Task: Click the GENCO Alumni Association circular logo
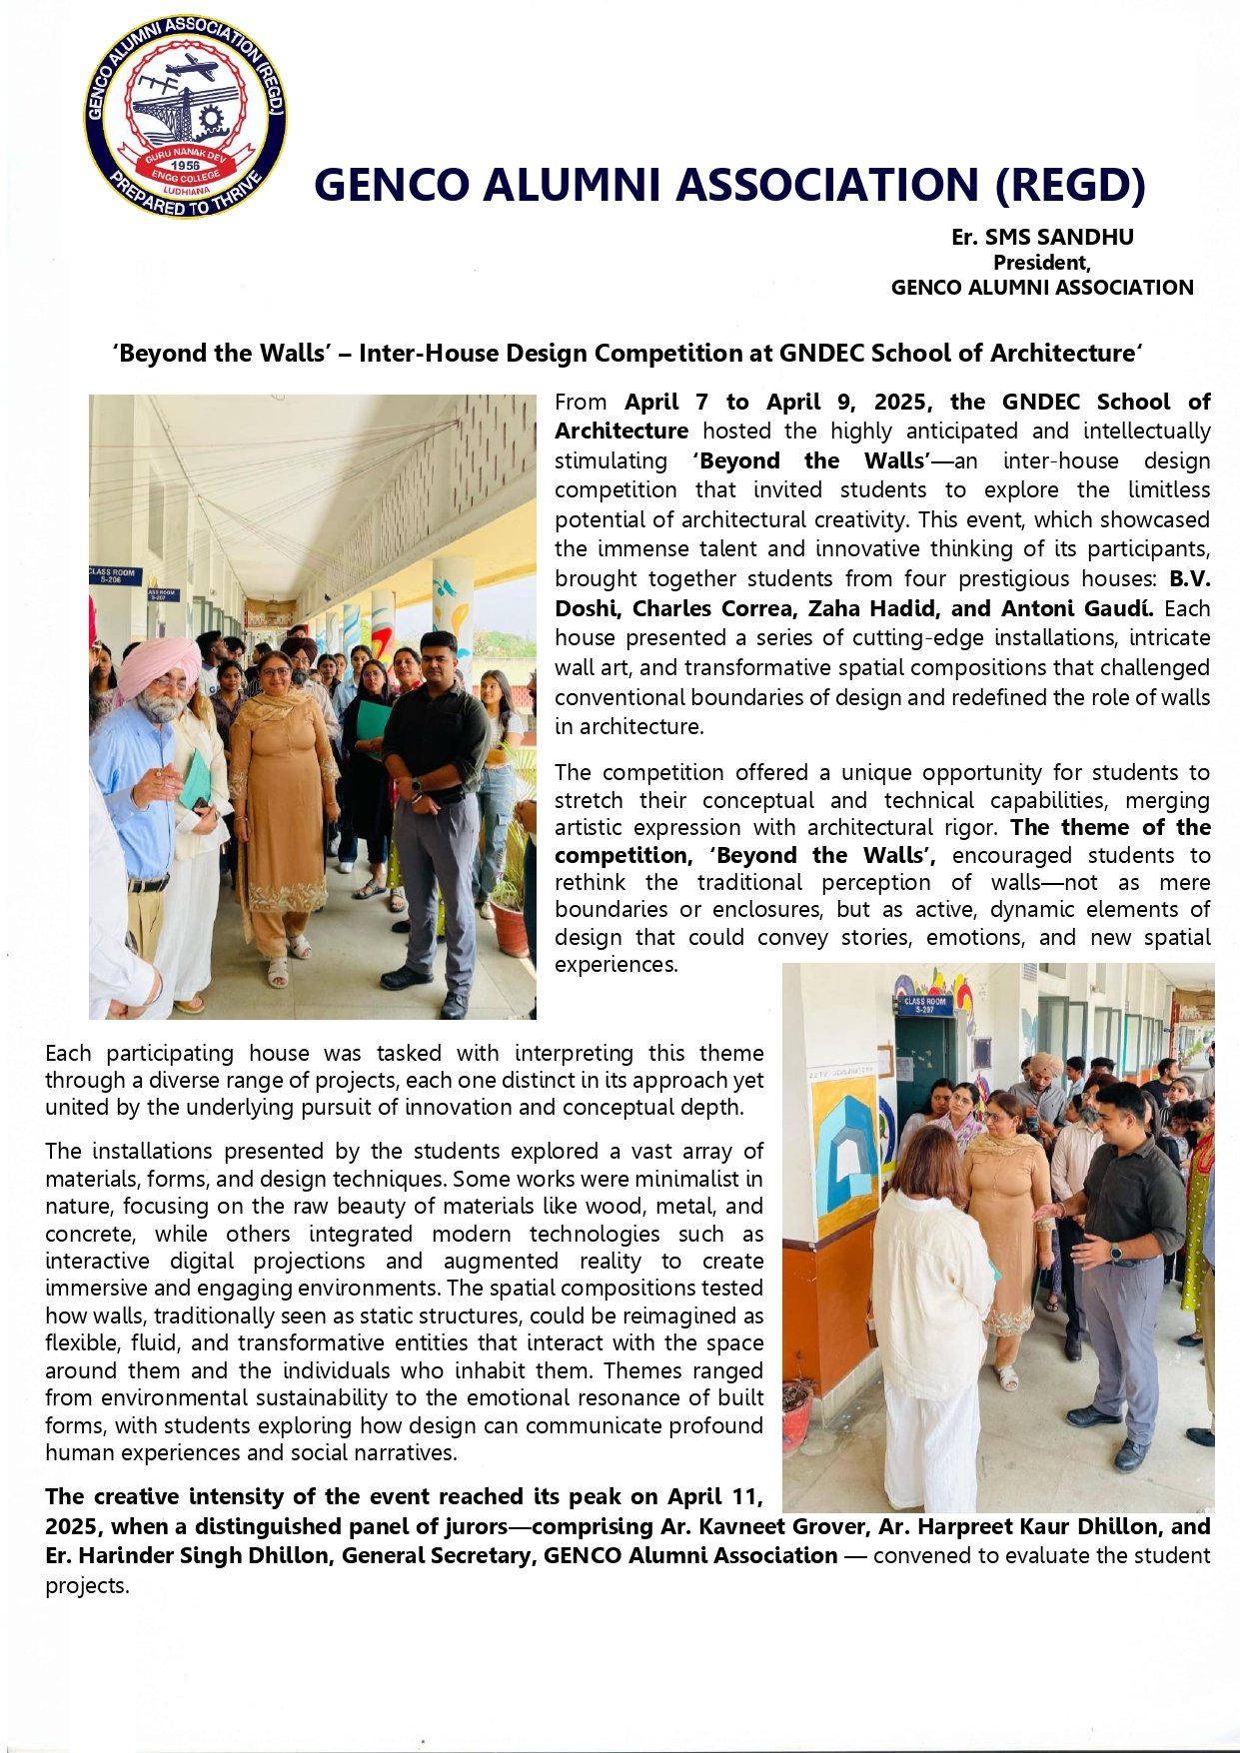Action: pyautogui.click(x=186, y=117)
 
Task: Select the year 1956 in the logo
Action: pyautogui.click(x=186, y=165)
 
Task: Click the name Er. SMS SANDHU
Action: pyautogui.click(x=1042, y=237)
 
